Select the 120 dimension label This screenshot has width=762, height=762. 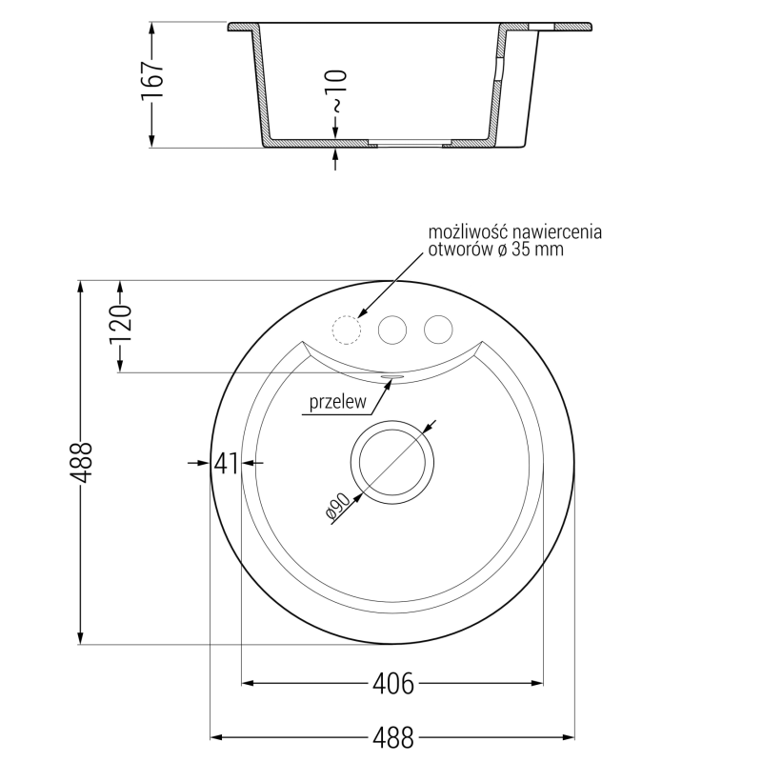click(x=122, y=326)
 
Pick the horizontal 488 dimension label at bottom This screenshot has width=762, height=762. click(x=392, y=737)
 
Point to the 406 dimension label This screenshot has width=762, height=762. click(x=392, y=683)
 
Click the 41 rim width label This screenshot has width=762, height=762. click(x=225, y=463)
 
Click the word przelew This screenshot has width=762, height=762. click(x=336, y=404)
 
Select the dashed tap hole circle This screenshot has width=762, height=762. click(x=345, y=330)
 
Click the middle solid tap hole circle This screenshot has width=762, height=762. click(x=391, y=330)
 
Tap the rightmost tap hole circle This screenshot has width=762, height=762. click(x=438, y=330)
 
